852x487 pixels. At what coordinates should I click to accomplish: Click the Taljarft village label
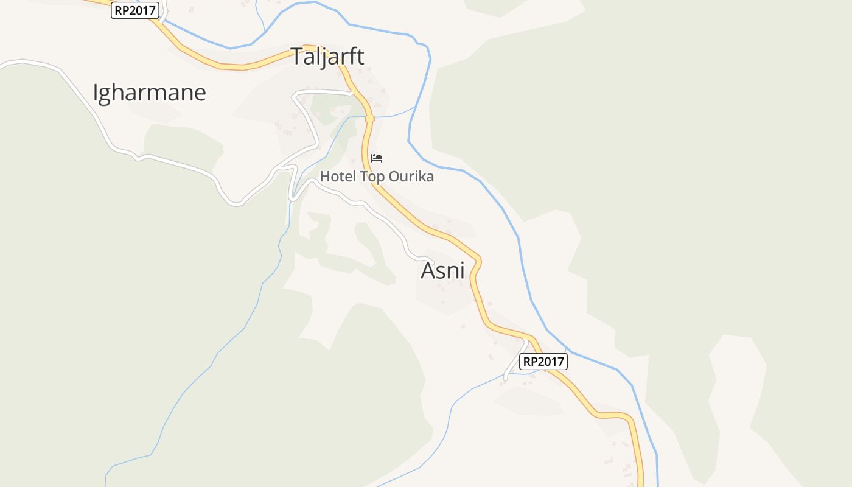point(327,56)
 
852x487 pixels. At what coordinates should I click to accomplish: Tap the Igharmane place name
point(149,93)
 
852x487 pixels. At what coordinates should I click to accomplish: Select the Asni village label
point(442,270)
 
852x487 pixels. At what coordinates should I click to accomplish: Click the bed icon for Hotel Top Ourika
point(377,158)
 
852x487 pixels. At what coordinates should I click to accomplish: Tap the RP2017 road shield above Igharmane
point(135,10)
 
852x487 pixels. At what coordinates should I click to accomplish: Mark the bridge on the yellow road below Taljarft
point(369,118)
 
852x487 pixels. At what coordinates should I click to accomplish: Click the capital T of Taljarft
point(297,56)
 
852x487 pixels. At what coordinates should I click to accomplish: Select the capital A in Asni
point(428,270)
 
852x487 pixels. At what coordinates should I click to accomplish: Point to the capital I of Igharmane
point(96,93)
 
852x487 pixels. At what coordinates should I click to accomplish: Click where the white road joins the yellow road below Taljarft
point(352,93)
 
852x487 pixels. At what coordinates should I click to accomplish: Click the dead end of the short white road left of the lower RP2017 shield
point(505,379)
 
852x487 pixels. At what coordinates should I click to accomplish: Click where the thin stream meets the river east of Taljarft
point(415,107)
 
